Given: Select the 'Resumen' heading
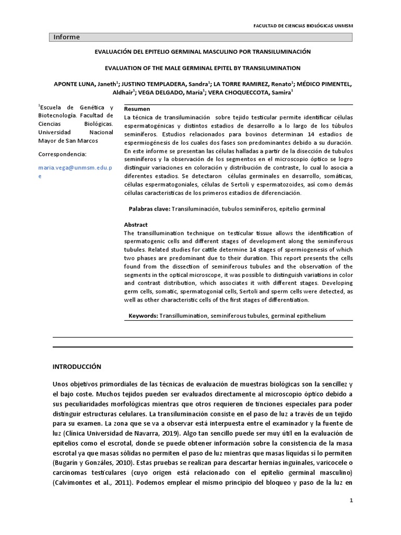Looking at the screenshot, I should point(135,109).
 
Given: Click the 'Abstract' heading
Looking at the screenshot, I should point(135,225).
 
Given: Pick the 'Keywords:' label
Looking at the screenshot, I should point(144,316).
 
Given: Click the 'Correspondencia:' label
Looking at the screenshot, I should point(62,155).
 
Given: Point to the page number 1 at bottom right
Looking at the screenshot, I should point(351,501).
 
